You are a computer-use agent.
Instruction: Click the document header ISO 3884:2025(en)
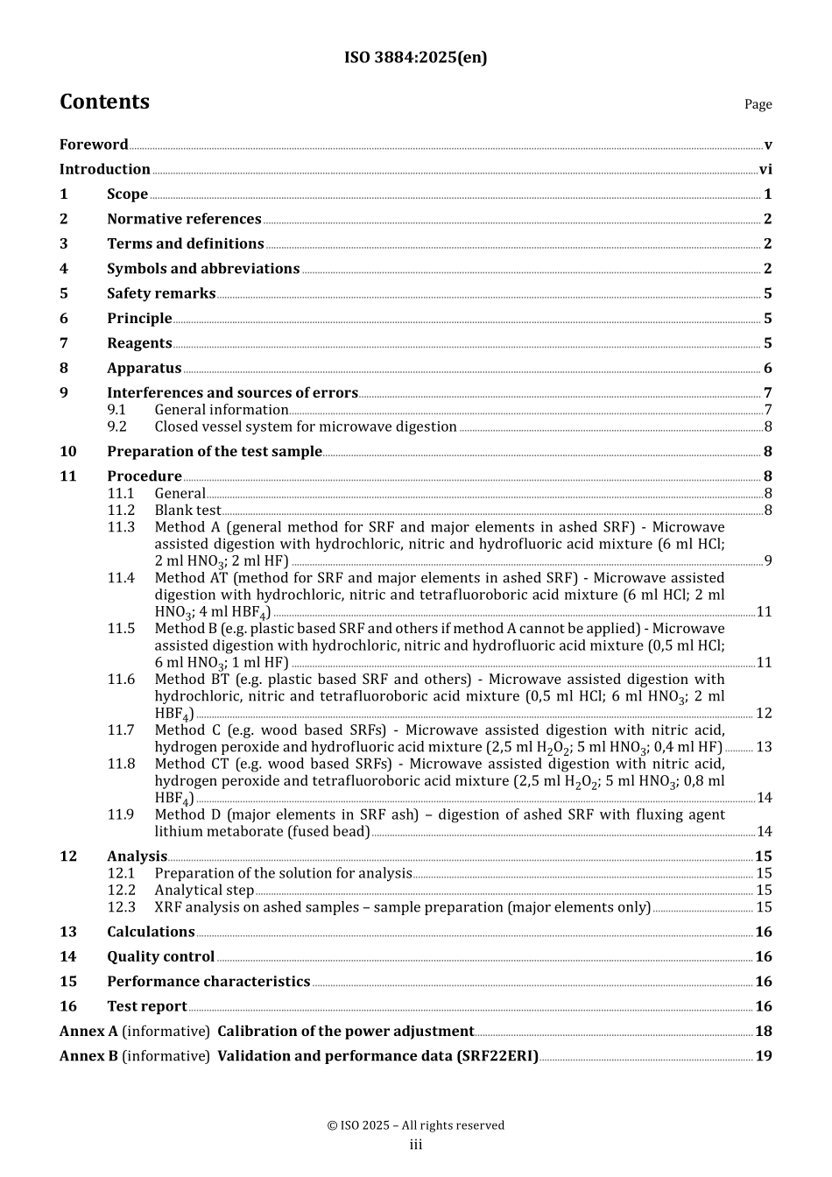coord(415,58)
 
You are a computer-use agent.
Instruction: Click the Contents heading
coord(104,102)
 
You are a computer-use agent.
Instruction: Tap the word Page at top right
coord(758,104)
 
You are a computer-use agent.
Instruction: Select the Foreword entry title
coord(94,144)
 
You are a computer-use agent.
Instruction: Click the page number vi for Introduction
coord(765,170)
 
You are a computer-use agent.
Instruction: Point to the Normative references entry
coord(184,219)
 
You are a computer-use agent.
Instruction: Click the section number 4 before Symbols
coord(64,269)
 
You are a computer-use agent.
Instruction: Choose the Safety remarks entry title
coord(161,293)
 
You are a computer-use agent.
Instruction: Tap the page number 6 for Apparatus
coord(768,369)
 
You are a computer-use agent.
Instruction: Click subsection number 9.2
coord(117,426)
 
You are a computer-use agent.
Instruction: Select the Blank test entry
coord(187,511)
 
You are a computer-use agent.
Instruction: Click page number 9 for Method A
coord(768,561)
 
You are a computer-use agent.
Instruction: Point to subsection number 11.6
coord(121,680)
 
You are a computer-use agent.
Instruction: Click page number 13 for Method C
coord(764,747)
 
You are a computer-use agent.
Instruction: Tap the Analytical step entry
coord(204,891)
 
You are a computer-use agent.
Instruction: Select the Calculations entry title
coord(151,933)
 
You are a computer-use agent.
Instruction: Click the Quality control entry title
coord(160,957)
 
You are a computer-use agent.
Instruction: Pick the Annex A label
coord(88,1032)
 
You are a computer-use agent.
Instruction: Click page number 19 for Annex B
coord(764,1056)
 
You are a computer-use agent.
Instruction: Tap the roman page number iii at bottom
coord(416,1145)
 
